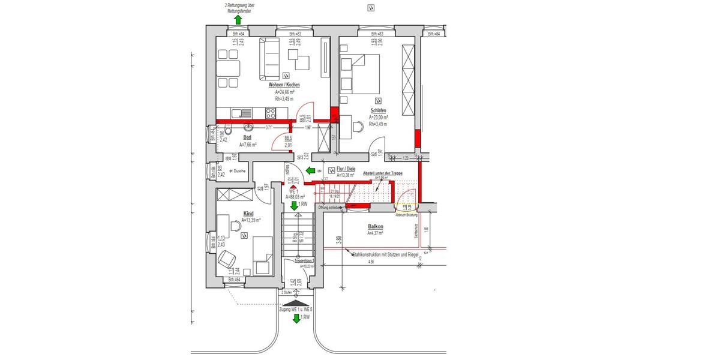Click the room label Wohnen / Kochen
point(284,85)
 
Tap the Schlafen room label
point(378,110)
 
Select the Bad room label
point(247,137)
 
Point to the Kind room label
point(248,214)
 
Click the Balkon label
point(376,227)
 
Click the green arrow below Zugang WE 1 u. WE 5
point(296,318)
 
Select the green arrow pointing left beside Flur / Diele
point(311,171)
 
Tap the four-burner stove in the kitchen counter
point(270,112)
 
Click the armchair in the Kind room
point(227,259)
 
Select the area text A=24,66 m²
point(284,92)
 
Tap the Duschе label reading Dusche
point(236,171)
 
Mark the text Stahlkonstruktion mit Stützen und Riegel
point(386,254)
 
